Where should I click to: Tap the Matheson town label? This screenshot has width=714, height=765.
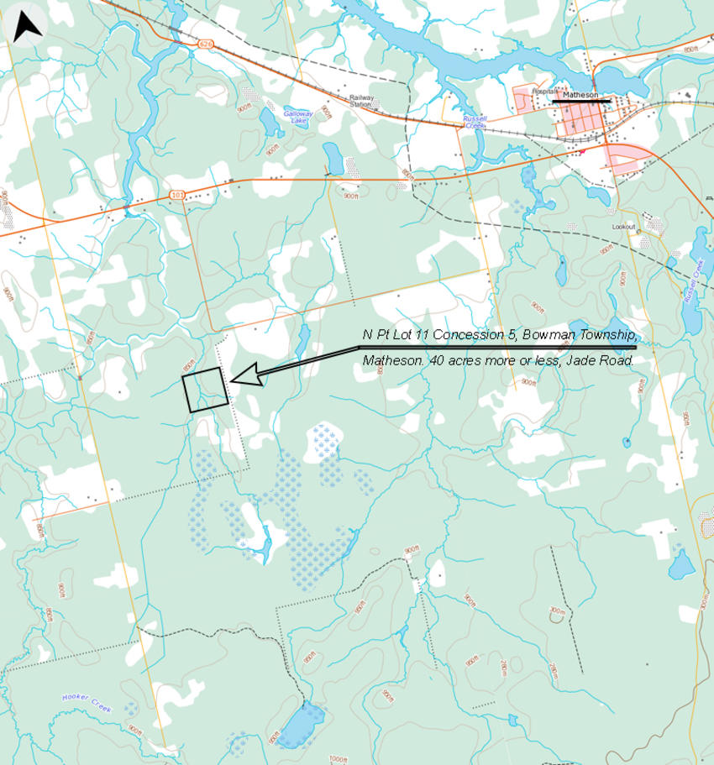[579, 95]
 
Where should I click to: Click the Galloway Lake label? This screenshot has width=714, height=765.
[297, 117]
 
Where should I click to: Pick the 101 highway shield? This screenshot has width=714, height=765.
[176, 195]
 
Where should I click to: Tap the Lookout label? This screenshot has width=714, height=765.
[623, 227]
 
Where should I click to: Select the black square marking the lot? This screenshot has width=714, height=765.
[204, 390]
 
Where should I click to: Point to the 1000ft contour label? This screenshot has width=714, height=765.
[338, 759]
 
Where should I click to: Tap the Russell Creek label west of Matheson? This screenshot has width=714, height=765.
[475, 122]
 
